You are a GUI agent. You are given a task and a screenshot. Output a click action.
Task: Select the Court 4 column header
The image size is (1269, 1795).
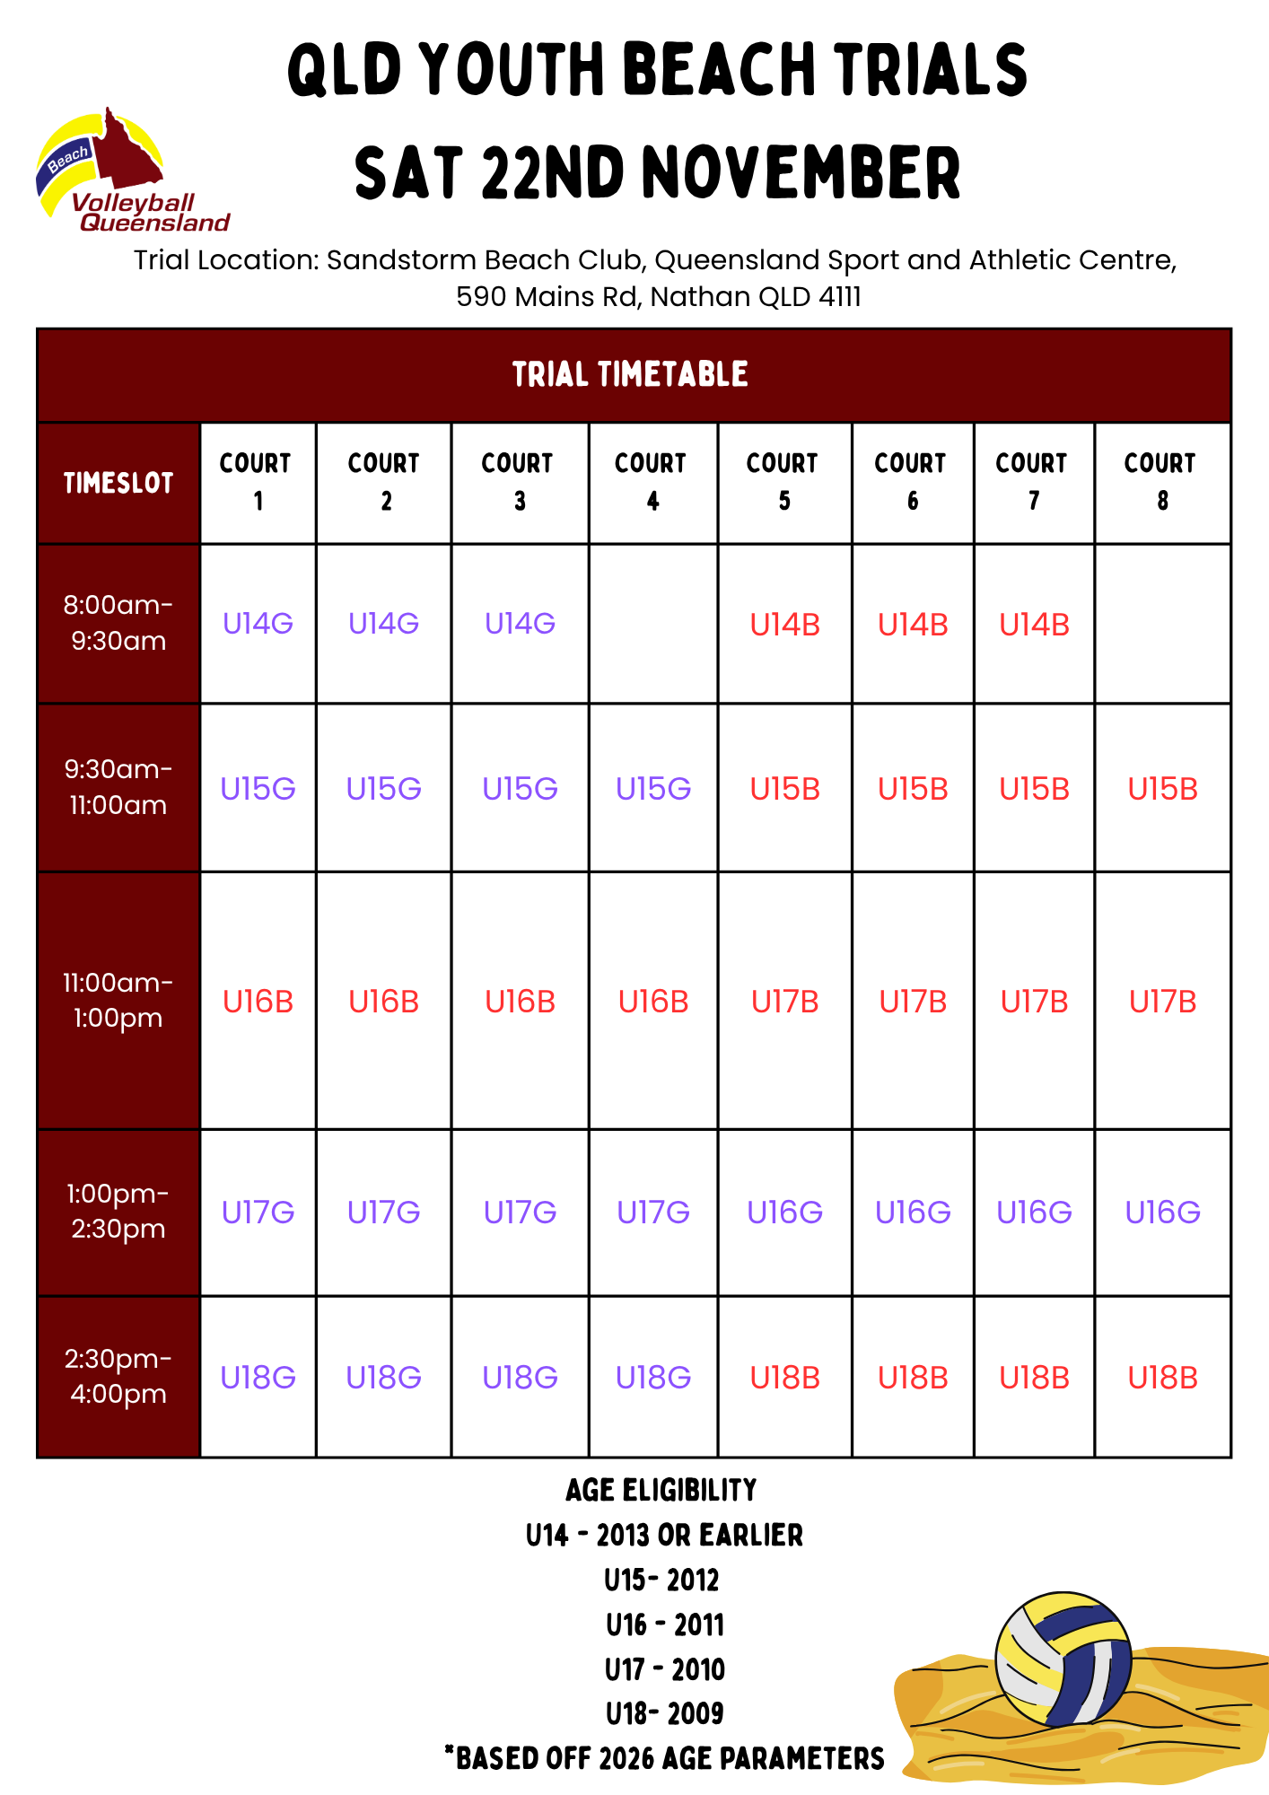pyautogui.click(x=652, y=482)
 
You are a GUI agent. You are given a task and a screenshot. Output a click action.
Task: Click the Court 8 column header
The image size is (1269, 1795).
pyautogui.click(x=1161, y=482)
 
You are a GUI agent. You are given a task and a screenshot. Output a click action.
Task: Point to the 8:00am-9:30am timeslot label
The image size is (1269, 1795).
pyautogui.click(x=118, y=623)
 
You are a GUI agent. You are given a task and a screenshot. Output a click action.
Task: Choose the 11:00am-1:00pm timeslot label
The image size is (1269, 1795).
pyautogui.click(x=118, y=1000)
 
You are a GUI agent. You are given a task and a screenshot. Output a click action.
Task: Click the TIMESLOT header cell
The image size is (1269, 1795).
pyautogui.click(x=118, y=483)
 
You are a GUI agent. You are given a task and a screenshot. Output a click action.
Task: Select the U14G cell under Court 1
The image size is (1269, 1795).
pyautogui.click(x=258, y=623)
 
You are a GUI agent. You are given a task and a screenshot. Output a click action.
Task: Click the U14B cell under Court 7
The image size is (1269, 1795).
pyautogui.click(x=1034, y=625)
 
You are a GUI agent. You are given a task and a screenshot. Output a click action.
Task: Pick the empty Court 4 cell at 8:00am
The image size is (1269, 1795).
pyautogui.click(x=652, y=623)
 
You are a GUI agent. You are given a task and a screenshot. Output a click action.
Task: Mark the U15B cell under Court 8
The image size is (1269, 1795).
pyautogui.click(x=1162, y=789)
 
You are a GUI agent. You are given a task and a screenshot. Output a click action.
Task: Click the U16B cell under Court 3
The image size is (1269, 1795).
pyautogui.click(x=520, y=1002)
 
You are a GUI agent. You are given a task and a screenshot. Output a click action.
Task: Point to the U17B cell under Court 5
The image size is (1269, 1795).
pyautogui.click(x=784, y=1002)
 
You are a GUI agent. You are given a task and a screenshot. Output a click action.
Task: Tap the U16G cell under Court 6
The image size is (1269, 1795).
pyautogui.click(x=913, y=1213)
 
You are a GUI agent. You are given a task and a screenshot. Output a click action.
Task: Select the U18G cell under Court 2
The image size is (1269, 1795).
pyautogui.click(x=384, y=1378)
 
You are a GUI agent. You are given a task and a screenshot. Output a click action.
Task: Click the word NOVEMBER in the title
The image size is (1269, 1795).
pyautogui.click(x=801, y=172)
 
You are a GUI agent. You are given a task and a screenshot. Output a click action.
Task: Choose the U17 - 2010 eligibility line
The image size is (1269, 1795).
pyautogui.click(x=664, y=1669)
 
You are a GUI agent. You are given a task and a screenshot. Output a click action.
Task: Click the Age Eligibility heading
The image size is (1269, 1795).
pyautogui.click(x=661, y=1491)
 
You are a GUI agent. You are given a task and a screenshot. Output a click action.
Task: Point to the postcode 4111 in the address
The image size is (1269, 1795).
pyautogui.click(x=840, y=296)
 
